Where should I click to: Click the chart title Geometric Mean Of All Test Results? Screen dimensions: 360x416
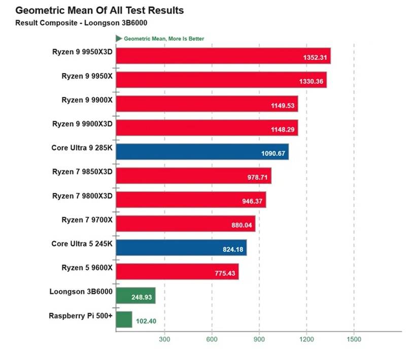coord(99,10)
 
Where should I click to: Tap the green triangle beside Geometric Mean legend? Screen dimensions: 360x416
coord(119,38)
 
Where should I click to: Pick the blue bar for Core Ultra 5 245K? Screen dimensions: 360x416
coord(181,247)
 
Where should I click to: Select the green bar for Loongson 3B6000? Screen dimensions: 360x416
coord(135,295)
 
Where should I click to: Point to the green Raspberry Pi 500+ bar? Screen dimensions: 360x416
coord(124,319)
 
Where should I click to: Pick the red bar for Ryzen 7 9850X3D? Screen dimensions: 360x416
coord(193,175)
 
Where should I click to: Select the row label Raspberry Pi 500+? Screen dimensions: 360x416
coord(80,315)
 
